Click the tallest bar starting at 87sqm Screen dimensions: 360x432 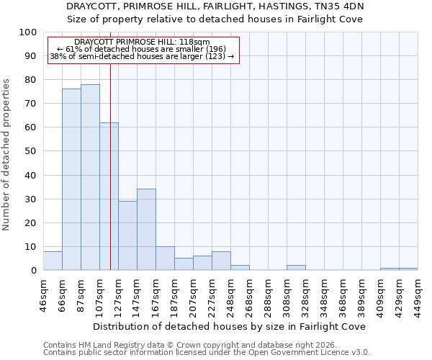(90, 177)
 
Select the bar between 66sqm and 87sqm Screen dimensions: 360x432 (71, 179)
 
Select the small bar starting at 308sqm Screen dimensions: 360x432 (296, 268)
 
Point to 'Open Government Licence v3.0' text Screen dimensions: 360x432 (312, 353)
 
